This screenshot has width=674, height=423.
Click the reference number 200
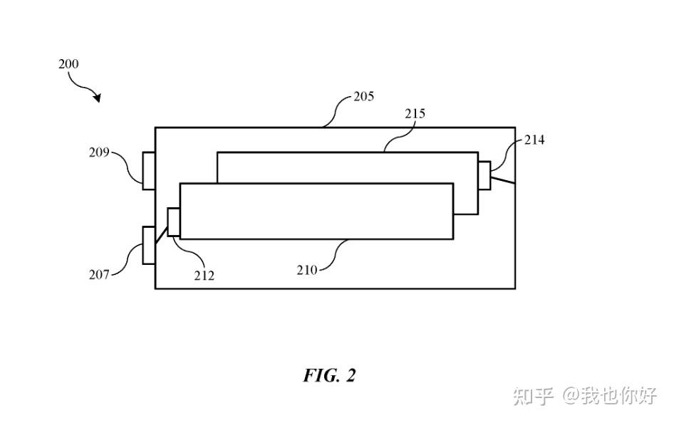(x=68, y=64)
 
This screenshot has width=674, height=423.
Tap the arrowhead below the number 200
(x=98, y=98)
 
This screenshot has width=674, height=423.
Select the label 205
(x=363, y=96)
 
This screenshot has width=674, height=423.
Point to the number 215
(x=415, y=113)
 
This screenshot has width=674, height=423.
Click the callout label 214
(x=534, y=140)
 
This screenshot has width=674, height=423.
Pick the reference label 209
(x=99, y=152)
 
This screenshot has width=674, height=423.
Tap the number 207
(x=99, y=274)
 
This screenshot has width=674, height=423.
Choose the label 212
(x=204, y=276)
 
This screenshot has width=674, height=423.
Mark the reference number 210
(x=307, y=270)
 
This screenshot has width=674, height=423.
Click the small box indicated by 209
(x=149, y=170)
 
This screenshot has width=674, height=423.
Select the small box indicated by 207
(x=149, y=245)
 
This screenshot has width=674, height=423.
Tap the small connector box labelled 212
(x=174, y=222)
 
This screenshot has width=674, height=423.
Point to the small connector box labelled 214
(x=484, y=175)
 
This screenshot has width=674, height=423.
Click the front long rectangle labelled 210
(x=316, y=211)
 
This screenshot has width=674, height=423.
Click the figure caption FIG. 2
(x=330, y=375)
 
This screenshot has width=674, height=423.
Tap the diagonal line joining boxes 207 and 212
(x=161, y=234)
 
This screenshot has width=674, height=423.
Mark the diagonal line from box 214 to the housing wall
(x=503, y=179)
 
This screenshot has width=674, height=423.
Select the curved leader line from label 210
(x=333, y=255)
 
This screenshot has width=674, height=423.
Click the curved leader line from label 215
(x=399, y=136)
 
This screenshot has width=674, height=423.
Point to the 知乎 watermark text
(x=533, y=395)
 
